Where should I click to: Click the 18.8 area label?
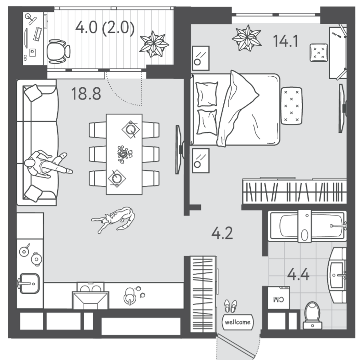tap(86, 94)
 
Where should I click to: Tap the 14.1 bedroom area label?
tap(285, 41)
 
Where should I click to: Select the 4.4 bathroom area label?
tap(298, 274)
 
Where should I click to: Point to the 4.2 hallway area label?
tap(222, 233)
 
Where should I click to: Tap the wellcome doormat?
tap(237, 322)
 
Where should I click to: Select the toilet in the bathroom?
tap(312, 315)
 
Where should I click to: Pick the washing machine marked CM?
tap(279, 298)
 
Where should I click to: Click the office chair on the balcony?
tap(58, 51)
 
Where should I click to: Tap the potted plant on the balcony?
tap(154, 44)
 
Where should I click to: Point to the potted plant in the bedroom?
tap(247, 38)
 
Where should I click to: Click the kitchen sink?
tap(29, 283)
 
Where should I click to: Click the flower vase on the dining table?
tap(124, 154)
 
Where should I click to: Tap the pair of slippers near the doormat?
tap(231, 306)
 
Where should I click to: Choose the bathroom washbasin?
tap(337, 275)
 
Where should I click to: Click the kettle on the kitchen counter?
tap(130, 296)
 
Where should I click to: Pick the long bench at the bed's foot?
tap(291, 106)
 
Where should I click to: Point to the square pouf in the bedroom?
tap(319, 53)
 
